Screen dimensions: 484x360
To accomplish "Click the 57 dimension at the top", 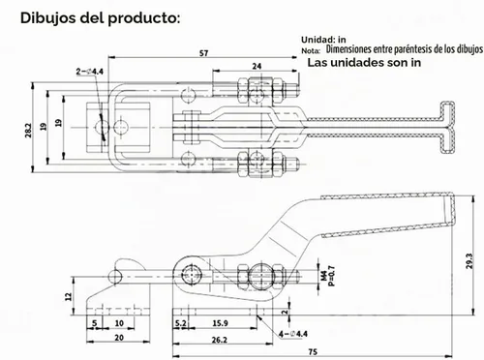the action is (x=203, y=53).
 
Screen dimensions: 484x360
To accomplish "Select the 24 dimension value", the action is (x=257, y=66).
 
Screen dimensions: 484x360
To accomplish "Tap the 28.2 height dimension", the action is (x=28, y=131).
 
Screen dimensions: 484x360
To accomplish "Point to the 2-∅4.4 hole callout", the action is (x=90, y=72).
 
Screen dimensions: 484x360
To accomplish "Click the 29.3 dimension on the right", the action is (x=469, y=261).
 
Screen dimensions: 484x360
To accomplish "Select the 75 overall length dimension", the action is (x=313, y=351).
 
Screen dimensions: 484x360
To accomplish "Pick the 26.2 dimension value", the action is (x=220, y=340).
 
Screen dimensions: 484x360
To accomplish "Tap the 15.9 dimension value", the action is (x=221, y=323).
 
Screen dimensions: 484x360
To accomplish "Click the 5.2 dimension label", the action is (x=181, y=323).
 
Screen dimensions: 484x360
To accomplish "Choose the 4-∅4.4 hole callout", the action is (x=293, y=334).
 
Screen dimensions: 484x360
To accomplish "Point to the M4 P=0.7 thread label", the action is (x=328, y=276).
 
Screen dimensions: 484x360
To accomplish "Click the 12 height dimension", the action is (x=69, y=296).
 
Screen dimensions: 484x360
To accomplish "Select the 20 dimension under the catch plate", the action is (x=119, y=338).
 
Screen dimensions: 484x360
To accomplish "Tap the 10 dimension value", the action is (x=119, y=323).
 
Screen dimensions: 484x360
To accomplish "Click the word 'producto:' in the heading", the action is (x=144, y=18).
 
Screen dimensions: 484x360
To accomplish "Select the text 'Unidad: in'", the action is (x=323, y=40).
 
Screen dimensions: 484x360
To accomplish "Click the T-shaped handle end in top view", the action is (x=448, y=128).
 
